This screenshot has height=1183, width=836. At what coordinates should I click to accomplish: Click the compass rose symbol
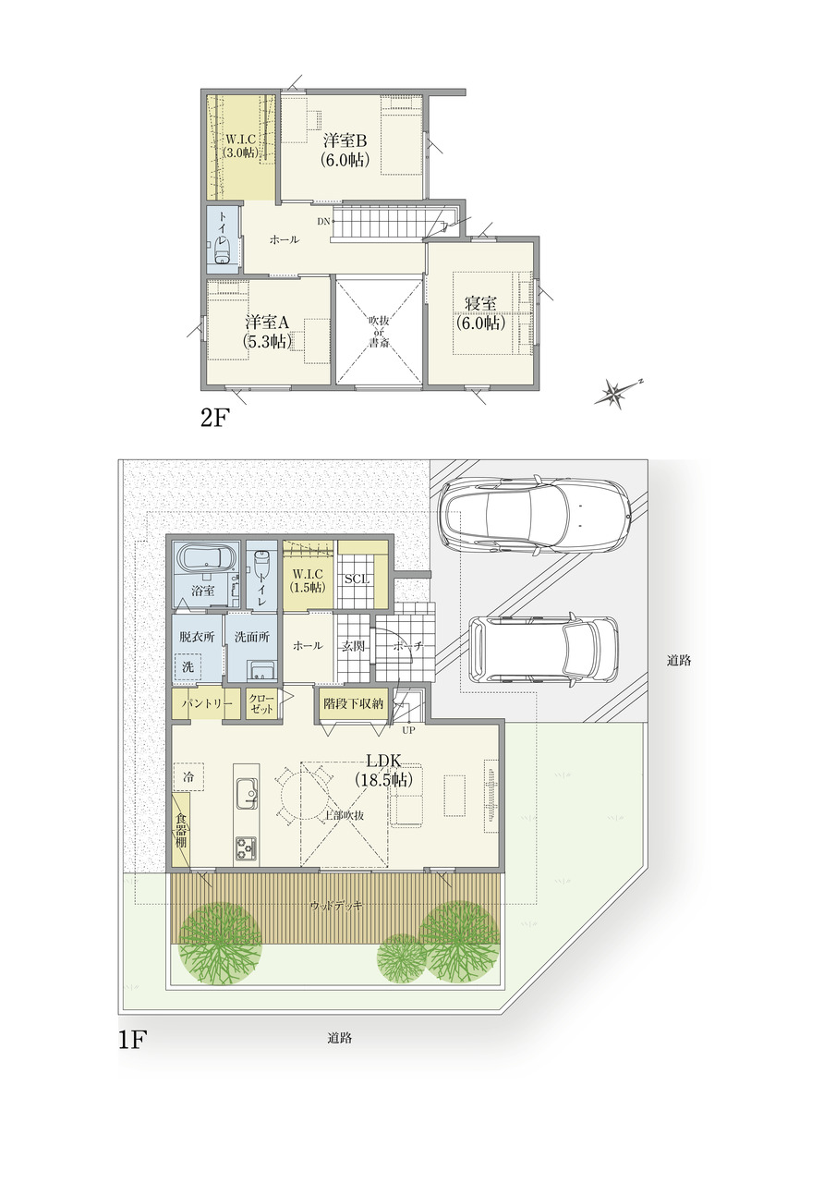(617, 392)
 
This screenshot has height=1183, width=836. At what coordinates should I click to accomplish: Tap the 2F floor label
(213, 419)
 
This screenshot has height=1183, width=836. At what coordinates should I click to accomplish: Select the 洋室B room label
(345, 141)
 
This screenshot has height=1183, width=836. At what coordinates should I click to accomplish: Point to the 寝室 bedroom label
(480, 304)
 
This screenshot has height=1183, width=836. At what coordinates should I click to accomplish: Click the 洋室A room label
(268, 323)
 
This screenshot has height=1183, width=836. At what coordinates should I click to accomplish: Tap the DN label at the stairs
(323, 222)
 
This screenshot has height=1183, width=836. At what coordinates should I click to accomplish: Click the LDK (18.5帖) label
(383, 770)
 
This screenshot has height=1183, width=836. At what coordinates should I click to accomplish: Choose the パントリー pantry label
(207, 704)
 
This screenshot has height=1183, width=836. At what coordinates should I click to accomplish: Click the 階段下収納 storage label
(354, 704)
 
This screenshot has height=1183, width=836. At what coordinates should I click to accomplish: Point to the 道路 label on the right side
(679, 660)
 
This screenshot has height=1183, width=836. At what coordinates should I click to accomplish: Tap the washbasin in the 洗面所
(261, 671)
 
